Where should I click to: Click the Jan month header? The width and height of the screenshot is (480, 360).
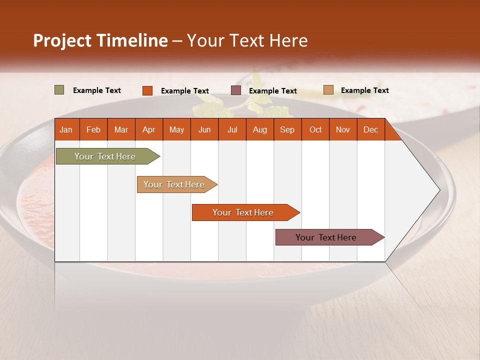66,129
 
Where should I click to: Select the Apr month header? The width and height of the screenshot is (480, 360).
148,129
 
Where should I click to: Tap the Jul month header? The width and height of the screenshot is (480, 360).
232,129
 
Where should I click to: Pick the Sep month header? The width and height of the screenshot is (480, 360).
287,129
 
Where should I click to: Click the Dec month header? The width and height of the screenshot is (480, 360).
370,129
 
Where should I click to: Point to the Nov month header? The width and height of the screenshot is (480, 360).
342,129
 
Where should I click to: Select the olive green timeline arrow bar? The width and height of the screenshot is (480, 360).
105,156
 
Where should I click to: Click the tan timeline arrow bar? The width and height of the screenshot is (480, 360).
174,184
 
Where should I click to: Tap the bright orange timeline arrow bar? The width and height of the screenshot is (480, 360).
243,212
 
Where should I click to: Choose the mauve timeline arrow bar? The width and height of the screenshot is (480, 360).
326,237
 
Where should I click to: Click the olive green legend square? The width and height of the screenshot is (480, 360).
59,90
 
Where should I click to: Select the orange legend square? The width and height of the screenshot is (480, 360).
147,90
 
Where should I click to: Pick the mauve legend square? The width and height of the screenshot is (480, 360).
235,90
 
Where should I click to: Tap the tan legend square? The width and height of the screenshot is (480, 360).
328,90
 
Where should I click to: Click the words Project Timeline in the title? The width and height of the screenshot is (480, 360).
100,40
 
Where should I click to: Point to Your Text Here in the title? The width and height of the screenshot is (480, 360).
247,40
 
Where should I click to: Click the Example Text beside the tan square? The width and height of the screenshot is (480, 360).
364,90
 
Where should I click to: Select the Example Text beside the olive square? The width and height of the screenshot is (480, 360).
96,90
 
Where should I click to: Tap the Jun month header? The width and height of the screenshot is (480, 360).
204,129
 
